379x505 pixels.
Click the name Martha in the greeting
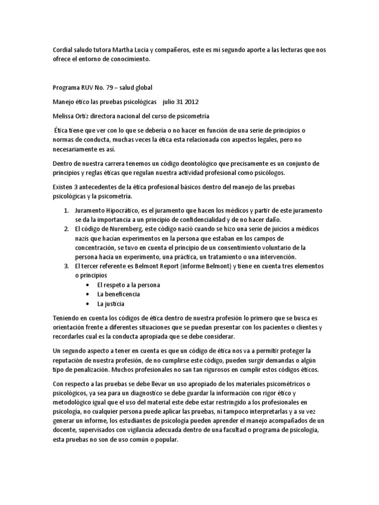126,50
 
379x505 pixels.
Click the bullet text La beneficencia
119,294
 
